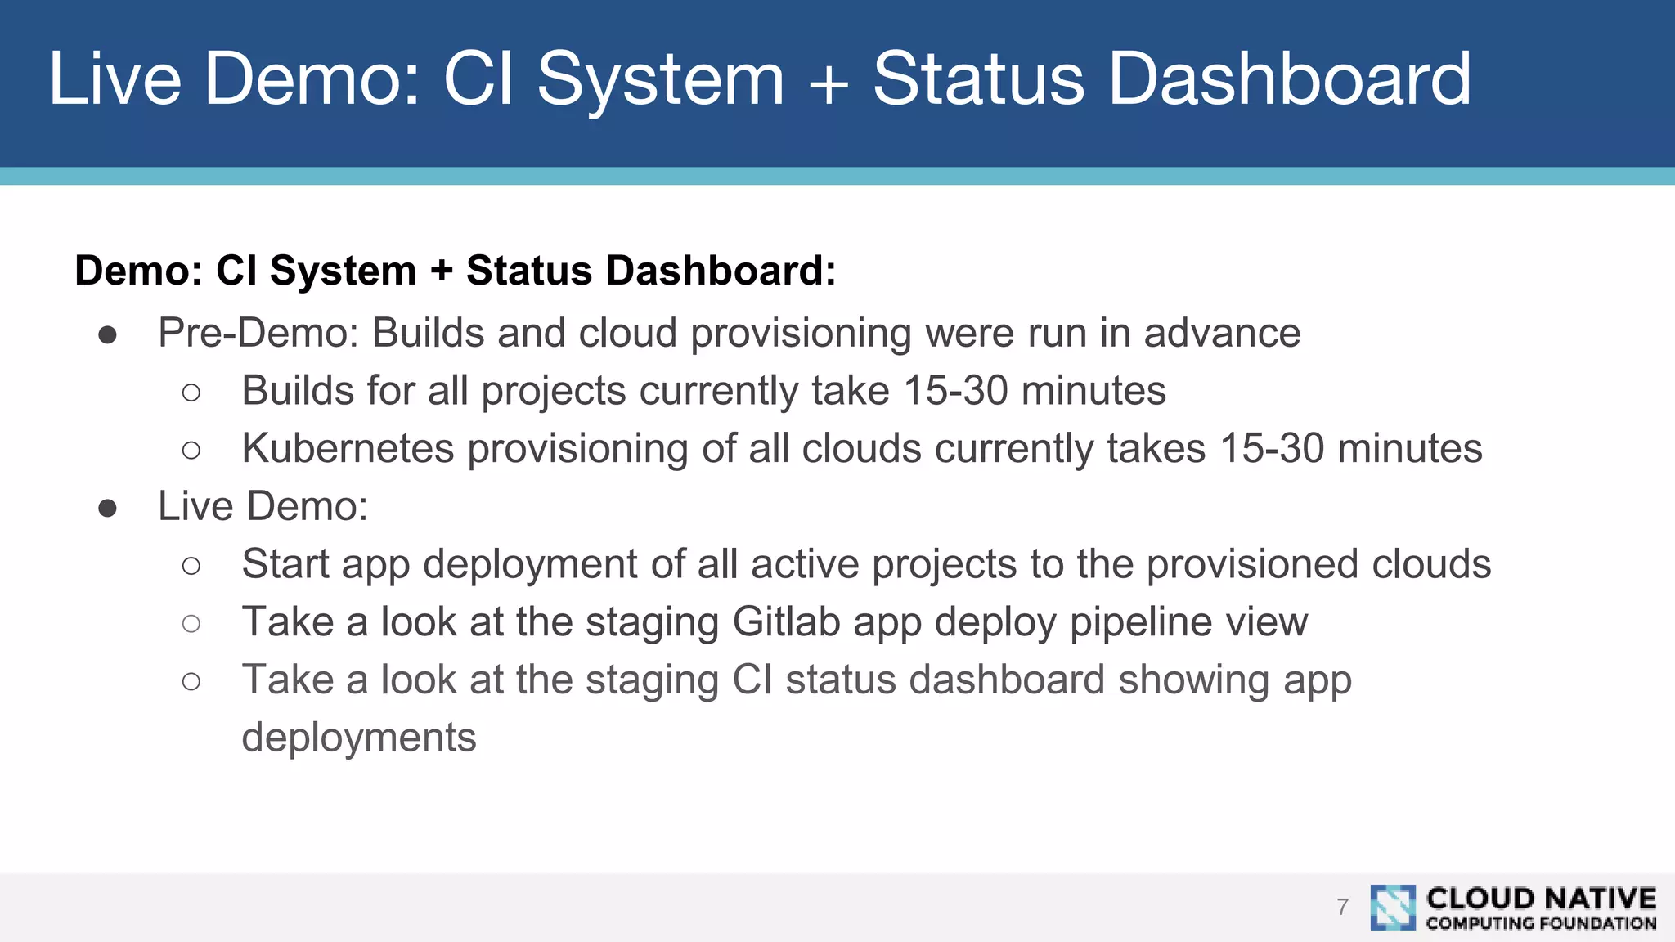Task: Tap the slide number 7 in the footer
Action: [1342, 907]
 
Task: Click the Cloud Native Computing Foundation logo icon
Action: [1393, 907]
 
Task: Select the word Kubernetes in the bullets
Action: [348, 449]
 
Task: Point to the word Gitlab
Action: [786, 622]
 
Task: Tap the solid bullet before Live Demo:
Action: [107, 508]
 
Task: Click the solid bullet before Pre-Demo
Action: [107, 334]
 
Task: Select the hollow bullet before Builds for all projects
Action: [191, 392]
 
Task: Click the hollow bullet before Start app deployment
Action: [191, 566]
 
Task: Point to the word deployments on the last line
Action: [358, 738]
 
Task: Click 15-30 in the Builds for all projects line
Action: [954, 391]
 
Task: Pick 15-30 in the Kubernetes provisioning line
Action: [1271, 449]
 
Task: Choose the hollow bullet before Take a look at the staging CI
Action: [191, 681]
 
